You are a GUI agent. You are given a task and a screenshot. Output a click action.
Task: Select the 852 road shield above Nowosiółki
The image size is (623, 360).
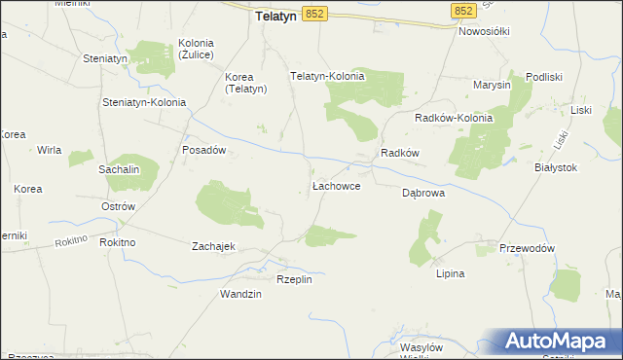463,10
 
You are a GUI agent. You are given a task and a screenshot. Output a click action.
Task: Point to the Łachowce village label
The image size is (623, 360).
337,185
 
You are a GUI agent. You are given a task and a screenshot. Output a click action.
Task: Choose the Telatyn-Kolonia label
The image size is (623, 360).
328,76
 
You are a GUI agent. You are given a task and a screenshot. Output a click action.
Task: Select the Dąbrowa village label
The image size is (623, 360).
423,193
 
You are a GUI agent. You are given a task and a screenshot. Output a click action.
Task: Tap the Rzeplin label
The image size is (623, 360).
294,279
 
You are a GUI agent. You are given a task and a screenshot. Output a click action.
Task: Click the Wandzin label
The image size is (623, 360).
240,294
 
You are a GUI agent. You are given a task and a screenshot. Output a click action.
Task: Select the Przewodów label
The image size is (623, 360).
527,248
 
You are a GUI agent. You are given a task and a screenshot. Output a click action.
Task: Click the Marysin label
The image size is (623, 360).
492,85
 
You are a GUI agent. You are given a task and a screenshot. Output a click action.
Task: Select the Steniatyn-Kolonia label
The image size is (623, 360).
144,102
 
